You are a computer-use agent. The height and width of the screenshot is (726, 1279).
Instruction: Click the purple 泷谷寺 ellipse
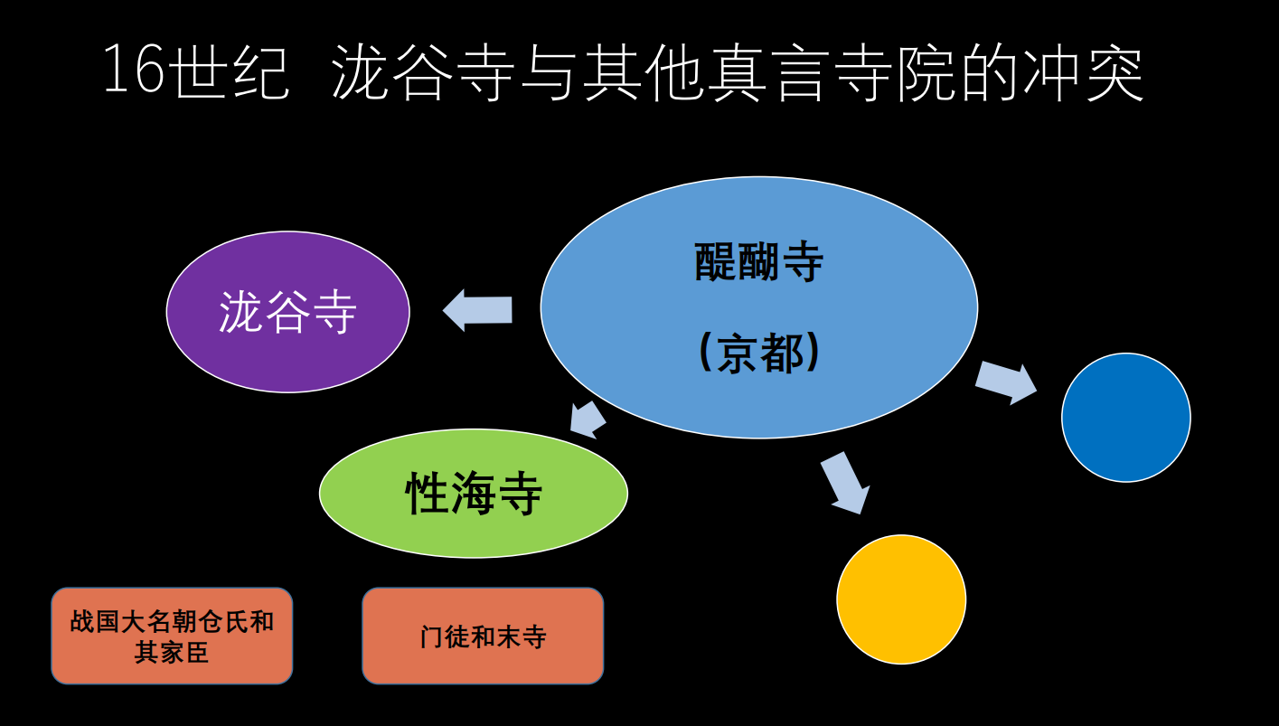click(287, 312)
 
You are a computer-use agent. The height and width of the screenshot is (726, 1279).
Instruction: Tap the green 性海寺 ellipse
click(473, 494)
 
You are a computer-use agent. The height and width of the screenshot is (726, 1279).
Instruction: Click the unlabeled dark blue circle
click(1125, 418)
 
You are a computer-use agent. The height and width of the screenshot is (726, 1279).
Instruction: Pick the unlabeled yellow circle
click(901, 599)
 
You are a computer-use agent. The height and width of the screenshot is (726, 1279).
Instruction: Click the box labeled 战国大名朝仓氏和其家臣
click(172, 636)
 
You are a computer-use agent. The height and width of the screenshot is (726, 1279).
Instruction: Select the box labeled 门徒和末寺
click(483, 636)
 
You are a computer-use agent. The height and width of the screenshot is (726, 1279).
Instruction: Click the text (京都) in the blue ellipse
click(759, 354)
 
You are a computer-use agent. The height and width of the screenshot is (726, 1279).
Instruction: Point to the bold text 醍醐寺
click(759, 262)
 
